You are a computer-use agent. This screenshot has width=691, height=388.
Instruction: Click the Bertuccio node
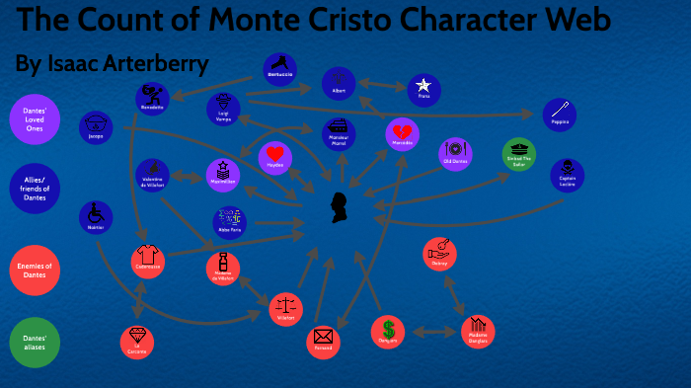point(280,68)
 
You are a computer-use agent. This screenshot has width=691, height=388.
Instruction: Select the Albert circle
point(340,84)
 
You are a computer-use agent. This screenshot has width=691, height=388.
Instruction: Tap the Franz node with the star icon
point(423,90)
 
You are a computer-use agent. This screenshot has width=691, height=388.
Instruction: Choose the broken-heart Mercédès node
point(402,135)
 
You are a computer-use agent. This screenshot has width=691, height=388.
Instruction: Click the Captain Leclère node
point(567,175)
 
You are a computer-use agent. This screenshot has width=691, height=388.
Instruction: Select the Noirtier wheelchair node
point(96,217)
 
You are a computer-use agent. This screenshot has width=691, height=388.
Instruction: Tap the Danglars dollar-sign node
point(388,332)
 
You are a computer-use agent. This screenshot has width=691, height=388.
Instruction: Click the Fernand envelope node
point(323,341)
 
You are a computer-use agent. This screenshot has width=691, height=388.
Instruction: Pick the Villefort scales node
point(285,308)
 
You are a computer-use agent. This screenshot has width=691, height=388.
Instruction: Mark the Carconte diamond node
point(137,342)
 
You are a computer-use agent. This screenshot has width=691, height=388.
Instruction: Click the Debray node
point(439,254)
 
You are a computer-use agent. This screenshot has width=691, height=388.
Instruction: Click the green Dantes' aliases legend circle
point(36,342)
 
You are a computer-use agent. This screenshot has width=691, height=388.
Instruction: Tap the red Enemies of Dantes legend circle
point(36,268)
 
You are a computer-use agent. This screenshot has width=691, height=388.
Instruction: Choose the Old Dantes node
point(455,154)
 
